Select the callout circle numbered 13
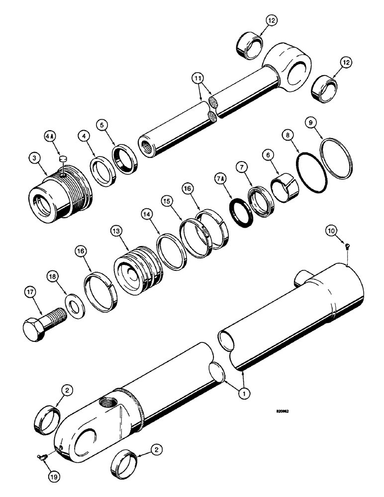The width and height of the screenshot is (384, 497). (116, 232)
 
